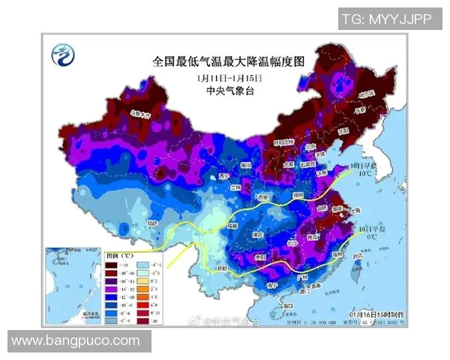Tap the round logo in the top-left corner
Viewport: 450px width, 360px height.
pos(62,55)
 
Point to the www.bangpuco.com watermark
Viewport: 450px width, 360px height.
pos(76,341)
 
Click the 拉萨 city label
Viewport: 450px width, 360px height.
pos(153,223)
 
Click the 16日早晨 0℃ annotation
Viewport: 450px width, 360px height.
pos(373,232)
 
